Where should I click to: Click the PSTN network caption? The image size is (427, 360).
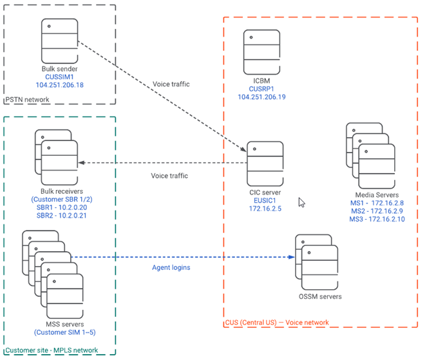coord(27,100)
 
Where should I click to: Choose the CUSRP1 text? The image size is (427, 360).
coord(261,88)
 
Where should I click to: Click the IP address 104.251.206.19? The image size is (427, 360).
coord(261,97)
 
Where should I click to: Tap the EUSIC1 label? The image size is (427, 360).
coord(265,201)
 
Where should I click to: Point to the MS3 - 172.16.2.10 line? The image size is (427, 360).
coord(377,220)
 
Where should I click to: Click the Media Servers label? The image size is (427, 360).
coord(377,194)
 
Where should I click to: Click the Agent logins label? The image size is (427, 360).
coord(171,267)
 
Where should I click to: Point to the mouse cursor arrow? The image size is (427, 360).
coord(301,202)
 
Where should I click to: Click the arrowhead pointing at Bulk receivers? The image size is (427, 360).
coord(81,162)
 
